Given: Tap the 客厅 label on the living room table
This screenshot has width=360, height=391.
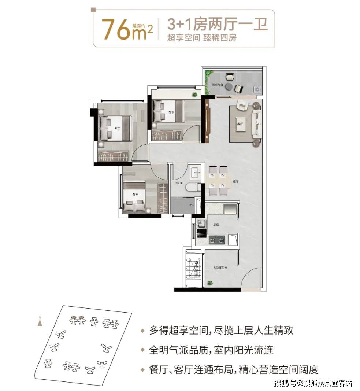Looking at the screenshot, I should pyautogui.click(x=240, y=124).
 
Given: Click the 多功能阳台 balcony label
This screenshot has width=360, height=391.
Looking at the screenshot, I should pyautogui.click(x=220, y=268).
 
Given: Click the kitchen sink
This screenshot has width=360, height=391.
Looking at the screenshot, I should pyautogui.click(x=200, y=223).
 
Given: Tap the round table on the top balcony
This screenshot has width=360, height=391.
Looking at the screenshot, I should pyautogui.click(x=229, y=86).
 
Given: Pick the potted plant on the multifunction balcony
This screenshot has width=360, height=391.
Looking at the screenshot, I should pyautogui.click(x=210, y=283).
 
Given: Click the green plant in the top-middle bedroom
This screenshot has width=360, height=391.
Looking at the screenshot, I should pyautogui.click(x=194, y=95).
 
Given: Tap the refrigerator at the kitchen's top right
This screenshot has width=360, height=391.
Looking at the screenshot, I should pyautogui.click(x=231, y=210).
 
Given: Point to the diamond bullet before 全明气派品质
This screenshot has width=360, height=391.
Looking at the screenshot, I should pyautogui.click(x=143, y=350).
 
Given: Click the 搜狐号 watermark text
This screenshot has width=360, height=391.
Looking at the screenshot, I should pyautogui.click(x=282, y=383).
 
